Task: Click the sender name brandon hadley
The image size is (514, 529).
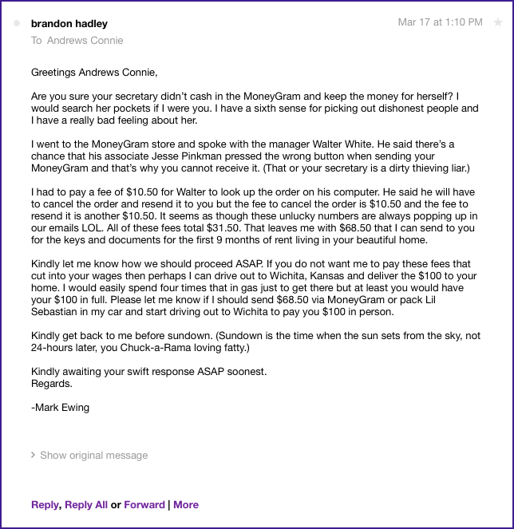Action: tap(69, 24)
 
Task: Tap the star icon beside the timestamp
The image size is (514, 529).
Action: tap(498, 23)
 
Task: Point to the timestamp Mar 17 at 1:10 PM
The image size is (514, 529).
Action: tap(440, 23)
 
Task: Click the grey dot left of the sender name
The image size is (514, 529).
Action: tap(18, 24)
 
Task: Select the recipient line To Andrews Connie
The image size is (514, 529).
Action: tap(77, 41)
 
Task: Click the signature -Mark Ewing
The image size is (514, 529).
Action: tap(60, 408)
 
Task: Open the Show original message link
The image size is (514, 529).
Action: tap(93, 456)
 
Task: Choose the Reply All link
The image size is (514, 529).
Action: tap(86, 505)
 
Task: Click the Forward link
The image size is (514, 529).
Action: tap(144, 505)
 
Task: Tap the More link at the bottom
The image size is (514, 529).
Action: tap(186, 505)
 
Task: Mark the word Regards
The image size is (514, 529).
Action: tap(52, 384)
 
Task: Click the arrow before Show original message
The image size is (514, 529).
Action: tap(33, 456)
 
